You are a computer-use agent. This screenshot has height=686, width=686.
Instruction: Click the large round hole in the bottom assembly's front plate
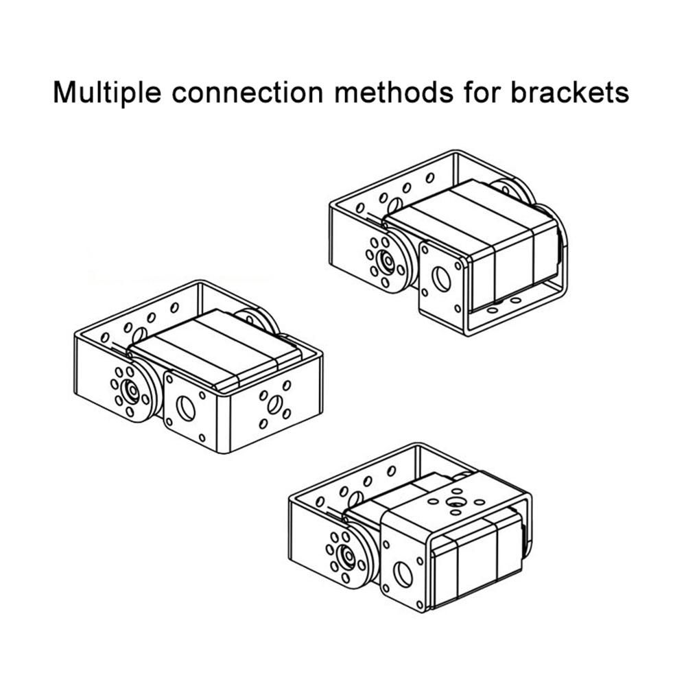[404, 573]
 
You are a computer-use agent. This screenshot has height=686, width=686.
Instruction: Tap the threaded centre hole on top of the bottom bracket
[454, 501]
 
